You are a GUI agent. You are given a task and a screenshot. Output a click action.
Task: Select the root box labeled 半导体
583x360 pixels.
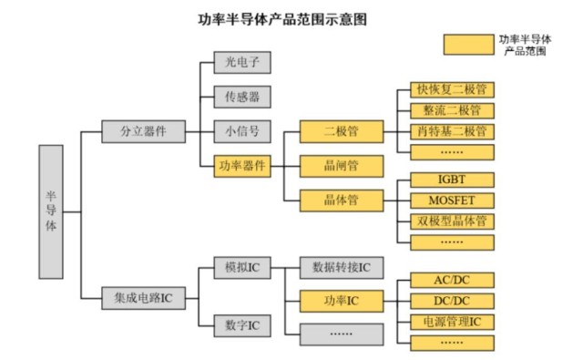pyautogui.click(x=51, y=211)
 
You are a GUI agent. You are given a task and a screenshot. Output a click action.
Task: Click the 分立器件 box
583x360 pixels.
pyautogui.click(x=143, y=131)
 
